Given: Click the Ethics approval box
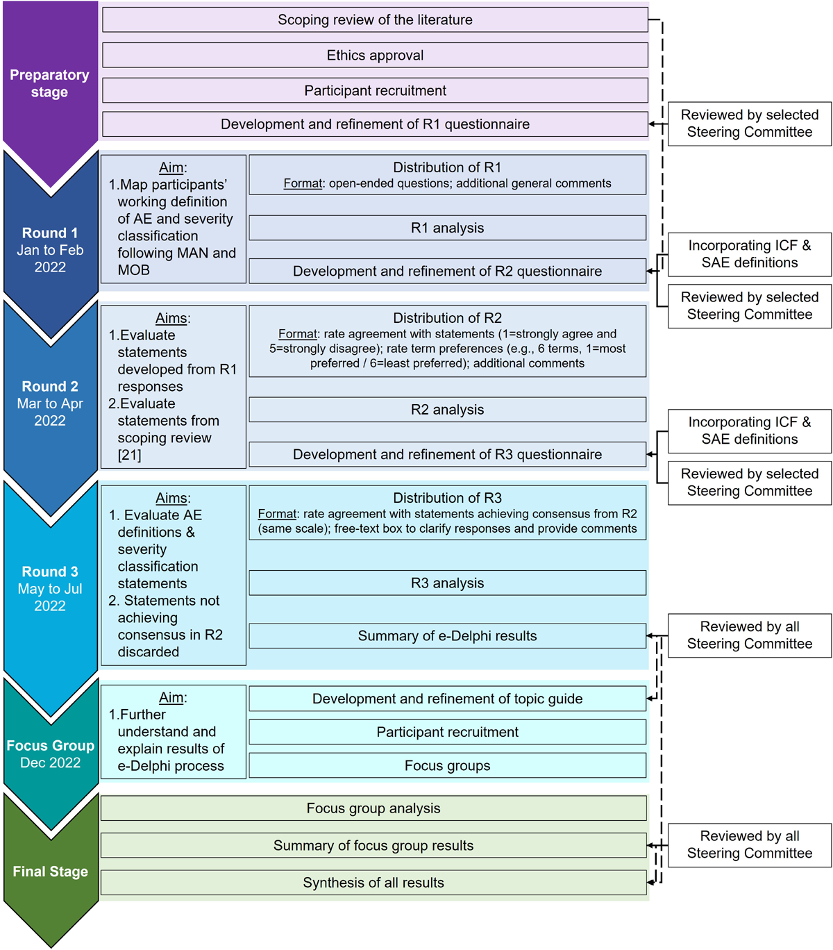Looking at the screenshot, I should tap(375, 56).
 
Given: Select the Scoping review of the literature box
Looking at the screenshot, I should tap(375, 19).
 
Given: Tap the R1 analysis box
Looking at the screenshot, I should tap(447, 228).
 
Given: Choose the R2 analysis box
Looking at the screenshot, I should tap(447, 410).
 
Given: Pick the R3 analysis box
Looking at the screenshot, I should tap(447, 583).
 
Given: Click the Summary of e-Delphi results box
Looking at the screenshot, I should tap(447, 636).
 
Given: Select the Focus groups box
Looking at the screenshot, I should tap(447, 766).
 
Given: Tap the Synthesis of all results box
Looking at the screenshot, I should tap(373, 883).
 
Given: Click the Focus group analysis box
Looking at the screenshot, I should tap(373, 808).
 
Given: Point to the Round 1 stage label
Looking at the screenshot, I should tap(50, 233).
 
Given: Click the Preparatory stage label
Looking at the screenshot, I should tap(49, 83).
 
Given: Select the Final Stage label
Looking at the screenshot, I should tap(50, 872).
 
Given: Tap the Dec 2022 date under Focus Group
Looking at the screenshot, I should tap(50, 762).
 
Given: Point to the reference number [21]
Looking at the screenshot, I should tap(130, 455).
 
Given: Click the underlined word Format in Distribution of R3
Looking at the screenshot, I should tap(277, 514).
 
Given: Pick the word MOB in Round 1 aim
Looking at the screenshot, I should tap(133, 270).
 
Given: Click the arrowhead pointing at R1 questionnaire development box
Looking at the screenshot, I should tap(653, 124).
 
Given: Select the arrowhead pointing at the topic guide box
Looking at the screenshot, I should tap(650, 699).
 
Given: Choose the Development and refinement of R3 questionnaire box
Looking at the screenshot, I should tap(447, 455).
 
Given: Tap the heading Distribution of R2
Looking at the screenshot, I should tap(447, 318).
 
